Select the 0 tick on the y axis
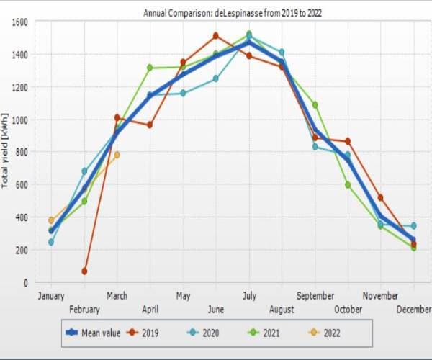pyautogui.click(x=24, y=282)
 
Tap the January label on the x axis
pyautogui.click(x=51, y=295)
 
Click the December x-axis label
pyautogui.click(x=413, y=309)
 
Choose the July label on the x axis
pyautogui.click(x=249, y=295)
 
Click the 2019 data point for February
pyautogui.click(x=84, y=271)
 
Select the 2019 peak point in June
pyautogui.click(x=216, y=35)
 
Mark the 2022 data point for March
pyautogui.click(x=117, y=155)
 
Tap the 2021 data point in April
pyautogui.click(x=150, y=68)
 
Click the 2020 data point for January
pyautogui.click(x=51, y=242)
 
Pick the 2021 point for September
pyautogui.click(x=315, y=104)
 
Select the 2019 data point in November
pyautogui.click(x=380, y=197)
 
